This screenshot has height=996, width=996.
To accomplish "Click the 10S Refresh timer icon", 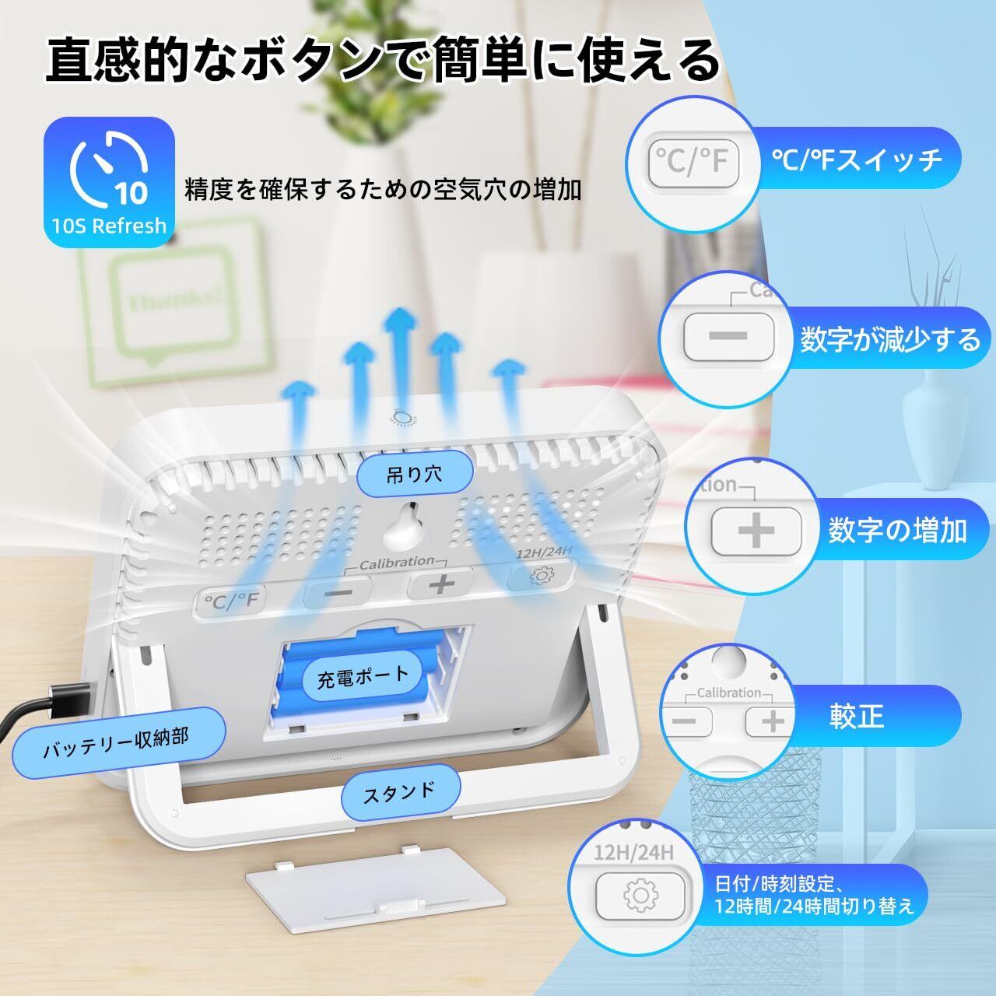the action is [x=110, y=181].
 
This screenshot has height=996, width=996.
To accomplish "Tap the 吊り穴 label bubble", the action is [x=404, y=473].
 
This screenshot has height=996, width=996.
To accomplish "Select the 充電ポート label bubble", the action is [x=363, y=675].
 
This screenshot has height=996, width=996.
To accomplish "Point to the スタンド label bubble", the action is [x=398, y=793].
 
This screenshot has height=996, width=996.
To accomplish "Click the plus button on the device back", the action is [x=440, y=584].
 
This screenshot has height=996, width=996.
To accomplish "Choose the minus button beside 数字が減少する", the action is [x=728, y=336].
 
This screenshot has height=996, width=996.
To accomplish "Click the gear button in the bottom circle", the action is [x=640, y=896].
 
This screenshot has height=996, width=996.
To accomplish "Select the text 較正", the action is [x=857, y=716].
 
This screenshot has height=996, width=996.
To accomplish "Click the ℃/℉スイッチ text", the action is [x=857, y=160].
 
